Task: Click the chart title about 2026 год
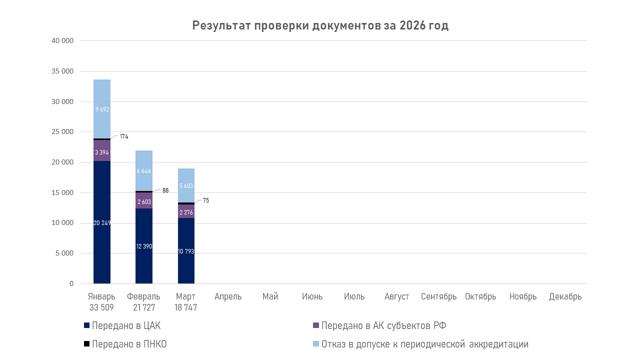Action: coord(320,26)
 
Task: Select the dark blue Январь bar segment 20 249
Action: coord(102,222)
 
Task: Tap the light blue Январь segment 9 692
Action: coord(102,109)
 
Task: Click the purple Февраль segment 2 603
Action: coord(144,200)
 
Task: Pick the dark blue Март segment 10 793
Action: coord(186,251)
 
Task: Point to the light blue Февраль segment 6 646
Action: coord(144,171)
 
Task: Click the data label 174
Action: coord(124,136)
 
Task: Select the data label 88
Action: coord(165,190)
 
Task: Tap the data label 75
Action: coord(206,200)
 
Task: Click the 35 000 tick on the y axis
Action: coord(63,71)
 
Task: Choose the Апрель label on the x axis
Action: coord(228,296)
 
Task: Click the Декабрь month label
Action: coord(565,296)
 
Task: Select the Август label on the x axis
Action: coord(397,296)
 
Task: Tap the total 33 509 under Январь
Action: coord(101,307)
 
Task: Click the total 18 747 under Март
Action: coord(186,307)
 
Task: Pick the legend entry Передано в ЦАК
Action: coord(126,326)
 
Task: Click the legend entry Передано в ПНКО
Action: coord(129,344)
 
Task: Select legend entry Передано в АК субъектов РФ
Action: coord(383,326)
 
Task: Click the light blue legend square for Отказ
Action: coord(315,344)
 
